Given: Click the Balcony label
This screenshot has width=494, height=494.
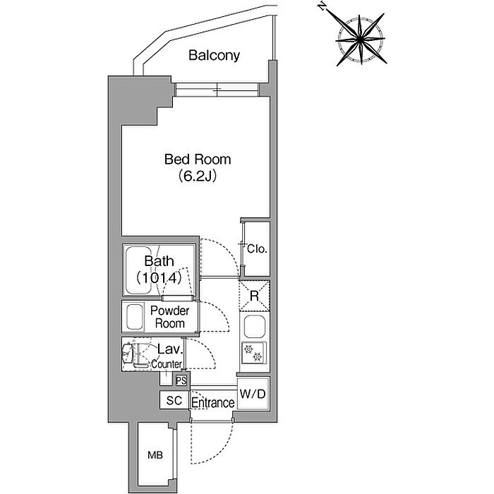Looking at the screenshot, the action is (x=214, y=56).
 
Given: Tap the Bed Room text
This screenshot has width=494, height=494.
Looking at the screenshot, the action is (x=198, y=159).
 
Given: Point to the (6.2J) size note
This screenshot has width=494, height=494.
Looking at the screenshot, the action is (x=198, y=176).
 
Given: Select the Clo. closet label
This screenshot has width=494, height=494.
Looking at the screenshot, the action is (x=257, y=249).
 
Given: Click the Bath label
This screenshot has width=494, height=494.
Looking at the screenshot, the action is (x=159, y=261).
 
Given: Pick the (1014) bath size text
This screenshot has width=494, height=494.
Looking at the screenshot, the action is (x=159, y=277).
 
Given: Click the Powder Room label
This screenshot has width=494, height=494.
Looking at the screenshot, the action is (x=170, y=317).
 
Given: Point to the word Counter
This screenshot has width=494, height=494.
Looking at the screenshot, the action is (x=167, y=364).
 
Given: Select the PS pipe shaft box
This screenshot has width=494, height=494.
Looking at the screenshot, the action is (x=181, y=380).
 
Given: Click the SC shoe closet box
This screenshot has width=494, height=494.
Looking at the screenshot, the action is (x=174, y=400).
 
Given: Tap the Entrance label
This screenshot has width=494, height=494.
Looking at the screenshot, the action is (x=213, y=403).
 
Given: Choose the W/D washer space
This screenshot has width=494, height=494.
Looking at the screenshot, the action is (x=253, y=394).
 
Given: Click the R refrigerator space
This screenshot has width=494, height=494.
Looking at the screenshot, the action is (x=254, y=296).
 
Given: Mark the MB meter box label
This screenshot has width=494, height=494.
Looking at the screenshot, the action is (x=155, y=455).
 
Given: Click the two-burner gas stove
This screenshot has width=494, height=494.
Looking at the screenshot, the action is (x=254, y=353).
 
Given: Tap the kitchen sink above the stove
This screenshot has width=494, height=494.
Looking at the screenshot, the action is (x=254, y=327).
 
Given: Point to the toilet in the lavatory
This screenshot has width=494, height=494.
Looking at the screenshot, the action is (x=133, y=354).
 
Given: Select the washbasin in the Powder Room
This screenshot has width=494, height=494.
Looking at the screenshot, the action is (x=134, y=317).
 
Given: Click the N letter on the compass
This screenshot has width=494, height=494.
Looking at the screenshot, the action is (x=322, y=6).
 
